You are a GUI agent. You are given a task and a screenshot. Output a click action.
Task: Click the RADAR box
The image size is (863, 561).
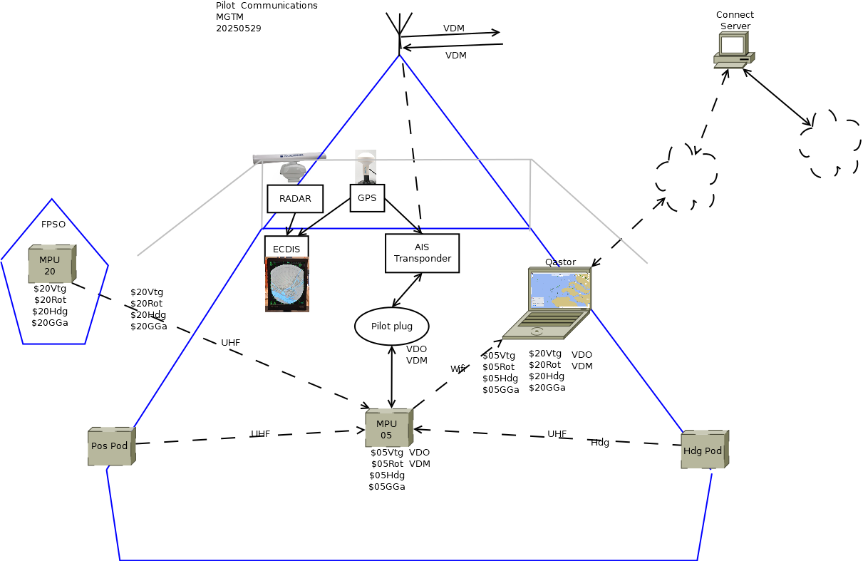click(x=295, y=199)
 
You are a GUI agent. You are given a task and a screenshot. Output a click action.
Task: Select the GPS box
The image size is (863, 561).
click(x=367, y=198)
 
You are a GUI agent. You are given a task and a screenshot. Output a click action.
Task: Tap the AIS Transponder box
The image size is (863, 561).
click(x=422, y=253)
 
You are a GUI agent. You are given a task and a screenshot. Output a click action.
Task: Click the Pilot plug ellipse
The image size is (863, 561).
click(x=392, y=326)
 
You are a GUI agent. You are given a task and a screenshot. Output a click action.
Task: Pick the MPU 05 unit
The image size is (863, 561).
click(x=388, y=428)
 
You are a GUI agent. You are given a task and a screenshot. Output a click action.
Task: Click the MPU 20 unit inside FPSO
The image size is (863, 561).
click(x=51, y=264)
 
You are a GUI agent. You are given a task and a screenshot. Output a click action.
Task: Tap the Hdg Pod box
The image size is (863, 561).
click(x=703, y=450)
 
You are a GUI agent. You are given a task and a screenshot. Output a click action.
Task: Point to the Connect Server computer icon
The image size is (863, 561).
click(x=733, y=51)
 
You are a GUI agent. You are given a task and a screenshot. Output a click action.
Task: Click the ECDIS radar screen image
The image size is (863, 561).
click(x=287, y=284)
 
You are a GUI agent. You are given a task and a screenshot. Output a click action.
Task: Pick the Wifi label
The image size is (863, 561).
click(x=458, y=369)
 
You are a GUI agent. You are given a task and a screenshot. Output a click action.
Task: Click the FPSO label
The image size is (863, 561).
click(x=53, y=224)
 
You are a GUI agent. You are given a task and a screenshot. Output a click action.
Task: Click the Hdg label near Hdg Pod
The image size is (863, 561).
click(x=600, y=443)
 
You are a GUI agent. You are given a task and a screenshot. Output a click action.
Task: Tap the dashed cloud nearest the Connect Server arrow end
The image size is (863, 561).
click(x=686, y=178)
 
